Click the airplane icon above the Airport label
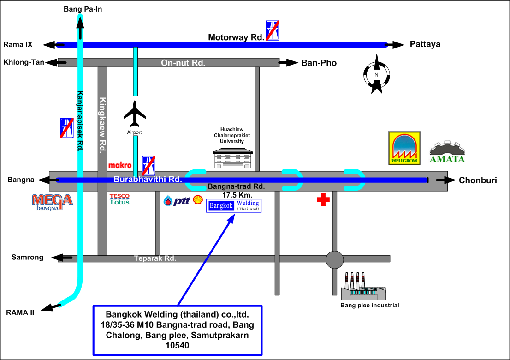point(135,114)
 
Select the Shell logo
point(197,200)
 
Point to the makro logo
point(117,165)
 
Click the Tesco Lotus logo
point(119,199)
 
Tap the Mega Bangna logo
point(52,202)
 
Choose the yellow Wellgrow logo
point(404,148)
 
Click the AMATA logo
point(447,152)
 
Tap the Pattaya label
point(425,44)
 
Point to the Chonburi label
point(478,180)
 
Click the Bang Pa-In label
point(83,8)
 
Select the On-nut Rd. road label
point(183,62)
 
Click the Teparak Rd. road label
point(155,258)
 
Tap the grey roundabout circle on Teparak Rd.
point(335,260)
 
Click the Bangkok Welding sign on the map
point(234,206)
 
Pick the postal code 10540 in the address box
point(178,345)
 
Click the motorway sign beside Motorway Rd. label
point(272,31)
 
